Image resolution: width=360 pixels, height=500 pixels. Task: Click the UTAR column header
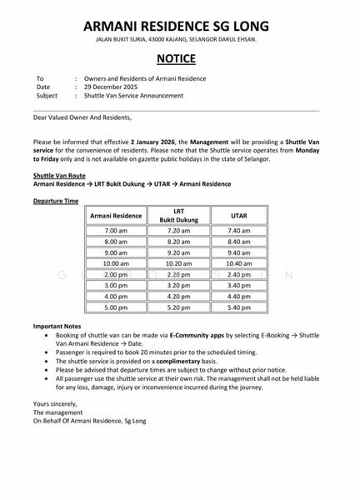point(239,215)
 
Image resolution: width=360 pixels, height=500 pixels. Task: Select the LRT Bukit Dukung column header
point(178,215)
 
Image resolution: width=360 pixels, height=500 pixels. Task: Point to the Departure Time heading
point(56,201)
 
